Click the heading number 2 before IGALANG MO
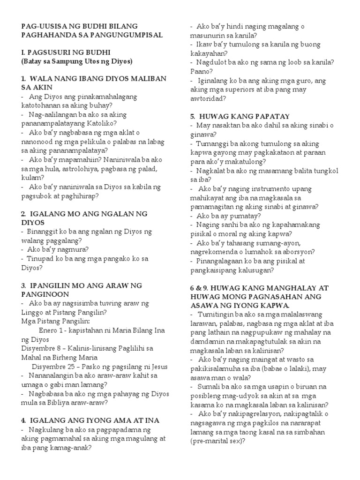(x=24, y=213)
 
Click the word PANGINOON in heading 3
(x=44, y=294)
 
